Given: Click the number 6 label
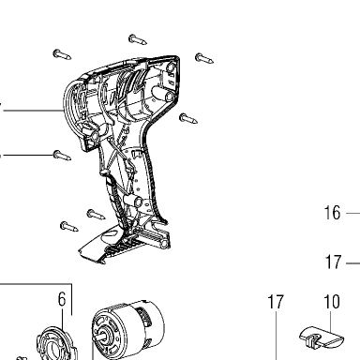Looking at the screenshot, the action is (62, 299).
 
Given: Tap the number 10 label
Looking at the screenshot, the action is (332, 302).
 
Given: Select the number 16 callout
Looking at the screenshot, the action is (332, 213).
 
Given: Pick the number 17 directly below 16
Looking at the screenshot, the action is (333, 262).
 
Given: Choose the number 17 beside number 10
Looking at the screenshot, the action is (276, 302).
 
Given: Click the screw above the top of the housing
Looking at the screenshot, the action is (138, 39).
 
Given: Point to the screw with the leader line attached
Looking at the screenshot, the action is (62, 156).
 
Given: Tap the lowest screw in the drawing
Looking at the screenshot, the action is (69, 227).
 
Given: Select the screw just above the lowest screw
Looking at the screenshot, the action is (96, 215).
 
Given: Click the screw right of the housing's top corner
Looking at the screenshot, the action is (204, 58).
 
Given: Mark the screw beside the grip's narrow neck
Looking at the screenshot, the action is (188, 118).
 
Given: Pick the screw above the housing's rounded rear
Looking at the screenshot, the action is (62, 54).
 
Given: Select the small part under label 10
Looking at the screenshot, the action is (322, 337).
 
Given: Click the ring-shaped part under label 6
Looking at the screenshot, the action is (57, 344).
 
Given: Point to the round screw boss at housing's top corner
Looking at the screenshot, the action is (171, 67).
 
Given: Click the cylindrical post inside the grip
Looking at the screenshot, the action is (132, 200).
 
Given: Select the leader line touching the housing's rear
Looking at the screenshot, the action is (32, 111).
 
